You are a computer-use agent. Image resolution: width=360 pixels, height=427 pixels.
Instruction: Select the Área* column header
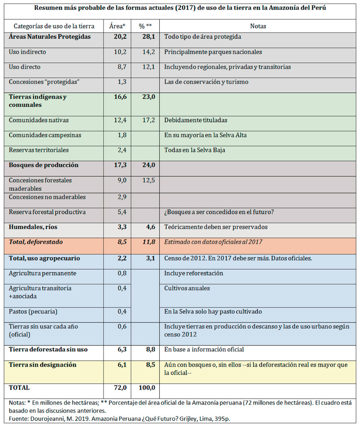pos(117,26)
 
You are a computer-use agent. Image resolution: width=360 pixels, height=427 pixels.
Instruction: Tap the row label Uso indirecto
pos(27,52)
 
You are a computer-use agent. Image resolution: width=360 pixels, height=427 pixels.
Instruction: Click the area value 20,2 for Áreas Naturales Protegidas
pos(121,37)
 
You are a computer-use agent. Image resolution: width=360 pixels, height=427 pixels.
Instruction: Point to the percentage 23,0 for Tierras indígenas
pos(148,97)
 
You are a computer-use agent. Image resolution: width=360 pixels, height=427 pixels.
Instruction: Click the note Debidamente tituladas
pos(196,120)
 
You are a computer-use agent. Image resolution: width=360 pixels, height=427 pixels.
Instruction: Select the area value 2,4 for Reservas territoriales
pos(121,150)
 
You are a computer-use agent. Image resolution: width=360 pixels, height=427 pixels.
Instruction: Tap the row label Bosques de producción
pos(44,165)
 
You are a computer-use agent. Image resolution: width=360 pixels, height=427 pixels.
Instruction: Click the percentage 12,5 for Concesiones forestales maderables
pos(148,181)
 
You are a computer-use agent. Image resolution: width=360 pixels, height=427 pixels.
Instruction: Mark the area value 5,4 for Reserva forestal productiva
pos(121,212)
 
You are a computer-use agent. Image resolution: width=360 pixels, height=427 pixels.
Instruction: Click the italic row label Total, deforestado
pos(36,242)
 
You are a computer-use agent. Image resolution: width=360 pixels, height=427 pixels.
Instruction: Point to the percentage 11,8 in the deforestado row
pos(148,242)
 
